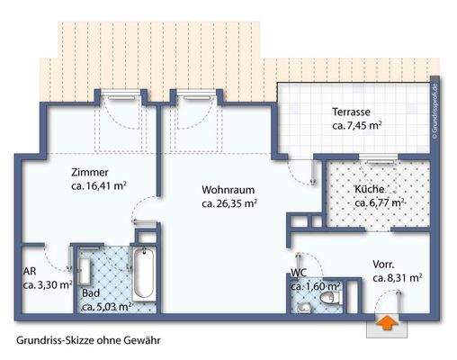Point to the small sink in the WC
coord(303,305)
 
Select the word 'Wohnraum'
coord(222,190)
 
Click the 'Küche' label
coord(369,190)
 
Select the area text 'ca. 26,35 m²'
coord(230,204)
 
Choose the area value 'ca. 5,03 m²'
coord(106,307)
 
